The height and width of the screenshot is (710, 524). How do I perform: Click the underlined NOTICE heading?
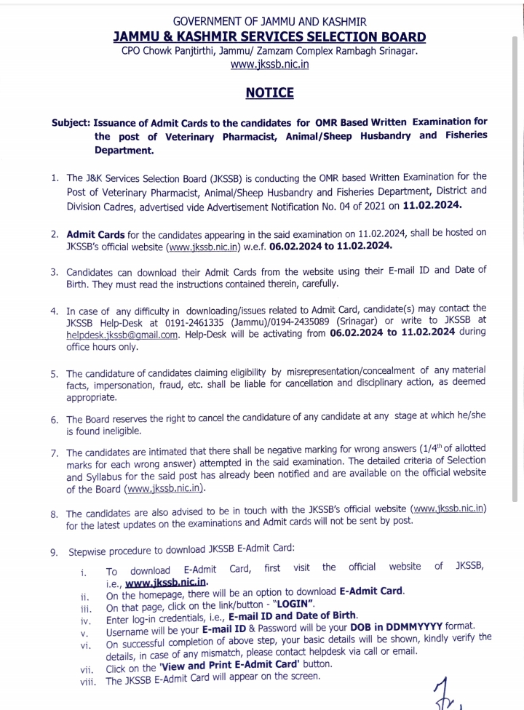[x=269, y=92]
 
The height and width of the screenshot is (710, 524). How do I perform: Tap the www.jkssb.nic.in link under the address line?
[x=269, y=65]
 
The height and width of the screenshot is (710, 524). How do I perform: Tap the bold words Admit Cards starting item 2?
[x=96, y=234]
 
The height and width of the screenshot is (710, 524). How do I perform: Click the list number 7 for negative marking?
[x=55, y=452]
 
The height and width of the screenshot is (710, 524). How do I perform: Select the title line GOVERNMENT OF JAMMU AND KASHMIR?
[x=269, y=22]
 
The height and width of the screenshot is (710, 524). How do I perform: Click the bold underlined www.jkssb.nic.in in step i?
[x=167, y=583]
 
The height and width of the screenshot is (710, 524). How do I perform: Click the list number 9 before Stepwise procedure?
[x=55, y=551]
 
